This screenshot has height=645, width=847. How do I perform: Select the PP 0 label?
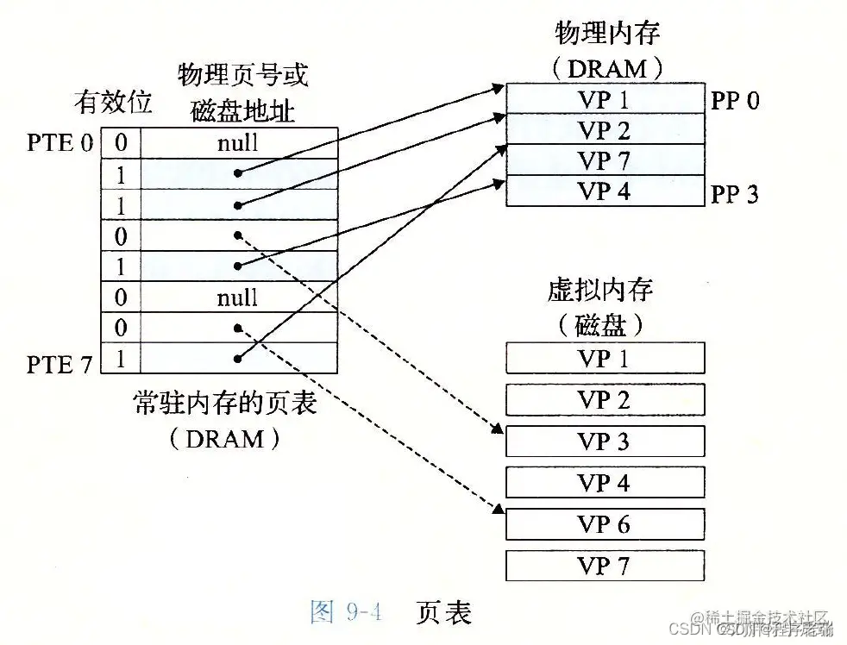point(735,100)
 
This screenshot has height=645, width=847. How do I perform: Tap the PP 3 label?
point(735,194)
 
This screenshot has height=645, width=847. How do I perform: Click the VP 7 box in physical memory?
point(604,160)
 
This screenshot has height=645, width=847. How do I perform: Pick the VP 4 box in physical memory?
point(604,191)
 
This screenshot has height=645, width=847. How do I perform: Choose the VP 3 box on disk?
point(604,441)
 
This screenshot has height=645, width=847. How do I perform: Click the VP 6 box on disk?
point(604,523)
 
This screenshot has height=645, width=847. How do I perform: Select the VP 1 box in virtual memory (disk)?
point(604,358)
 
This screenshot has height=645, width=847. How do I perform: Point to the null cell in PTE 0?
point(237,142)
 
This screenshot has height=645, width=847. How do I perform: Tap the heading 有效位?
point(112,103)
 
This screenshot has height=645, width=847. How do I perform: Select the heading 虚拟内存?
point(600,289)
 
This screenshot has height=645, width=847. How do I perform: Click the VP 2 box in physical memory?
point(604,130)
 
